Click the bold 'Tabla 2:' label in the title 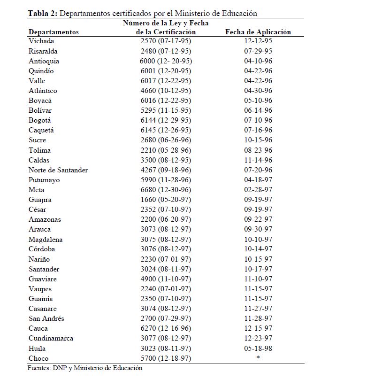point(42,13)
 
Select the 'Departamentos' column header point(54,32)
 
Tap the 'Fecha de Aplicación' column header point(258,32)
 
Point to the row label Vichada point(41,41)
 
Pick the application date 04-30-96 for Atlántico point(258,91)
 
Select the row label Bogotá point(39,120)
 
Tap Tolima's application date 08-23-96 point(258,150)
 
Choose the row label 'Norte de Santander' point(58,170)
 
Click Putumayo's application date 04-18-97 point(258,180)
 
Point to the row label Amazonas point(45,219)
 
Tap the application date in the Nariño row point(258,259)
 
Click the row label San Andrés point(46,318)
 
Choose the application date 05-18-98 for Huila point(258,348)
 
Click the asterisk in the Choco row point(258,358)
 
